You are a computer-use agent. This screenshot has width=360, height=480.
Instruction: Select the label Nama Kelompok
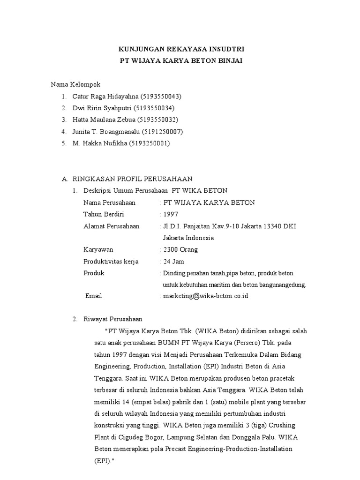75,84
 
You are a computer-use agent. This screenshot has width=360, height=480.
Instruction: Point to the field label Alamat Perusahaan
111,226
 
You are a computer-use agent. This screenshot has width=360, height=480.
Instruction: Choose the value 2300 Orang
180,249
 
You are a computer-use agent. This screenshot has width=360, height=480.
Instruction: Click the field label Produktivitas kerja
111,261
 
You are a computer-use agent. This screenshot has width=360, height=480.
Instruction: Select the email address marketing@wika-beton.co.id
205,296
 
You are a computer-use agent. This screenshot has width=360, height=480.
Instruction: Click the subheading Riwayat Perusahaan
109,319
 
